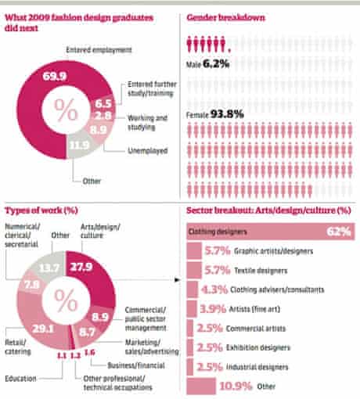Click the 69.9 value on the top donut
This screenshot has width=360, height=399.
click(55, 76)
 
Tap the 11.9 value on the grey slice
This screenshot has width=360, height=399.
click(79, 145)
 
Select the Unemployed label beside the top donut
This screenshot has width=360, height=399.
click(148, 151)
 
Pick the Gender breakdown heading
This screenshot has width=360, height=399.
click(225, 17)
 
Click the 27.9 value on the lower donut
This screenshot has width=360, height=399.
click(81, 267)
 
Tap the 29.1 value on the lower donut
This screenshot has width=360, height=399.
click(43, 329)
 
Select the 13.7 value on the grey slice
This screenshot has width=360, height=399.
click(49, 268)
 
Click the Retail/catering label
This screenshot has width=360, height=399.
click(18, 347)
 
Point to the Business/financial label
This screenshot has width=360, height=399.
click(136, 365)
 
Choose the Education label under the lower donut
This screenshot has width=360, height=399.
click(20, 378)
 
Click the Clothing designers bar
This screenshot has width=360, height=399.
click(271, 232)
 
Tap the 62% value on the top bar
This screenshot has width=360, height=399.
click(339, 232)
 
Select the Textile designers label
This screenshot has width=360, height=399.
click(261, 271)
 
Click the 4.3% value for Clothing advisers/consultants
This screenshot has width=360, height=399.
click(214, 289)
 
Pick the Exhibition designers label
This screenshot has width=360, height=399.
click(258, 347)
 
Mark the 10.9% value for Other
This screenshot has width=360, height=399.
click(236, 386)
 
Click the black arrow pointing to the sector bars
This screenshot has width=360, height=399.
click(177, 280)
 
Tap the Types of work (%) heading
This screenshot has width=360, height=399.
click(41, 210)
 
